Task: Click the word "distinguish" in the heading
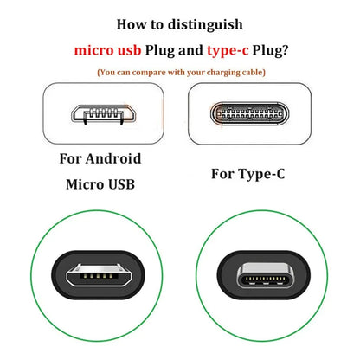tap(202, 25)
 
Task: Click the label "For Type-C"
tap(250, 173)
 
